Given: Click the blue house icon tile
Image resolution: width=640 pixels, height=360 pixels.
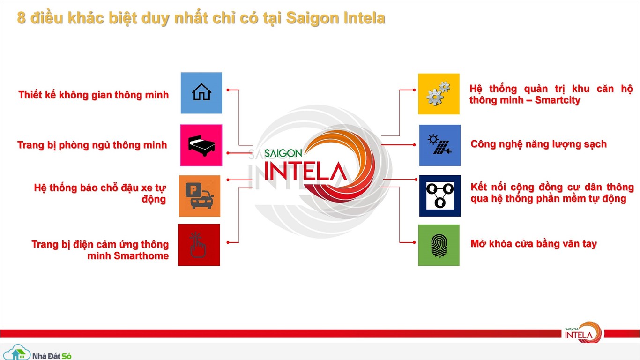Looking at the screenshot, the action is [201, 93].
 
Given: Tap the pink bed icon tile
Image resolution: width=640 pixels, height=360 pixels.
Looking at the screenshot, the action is [201, 145].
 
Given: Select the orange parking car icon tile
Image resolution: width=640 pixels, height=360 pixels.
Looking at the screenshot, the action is [200, 196].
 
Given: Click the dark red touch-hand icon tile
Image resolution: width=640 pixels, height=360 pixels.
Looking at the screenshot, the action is [199, 245].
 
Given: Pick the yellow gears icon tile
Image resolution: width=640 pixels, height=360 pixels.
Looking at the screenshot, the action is [439, 94].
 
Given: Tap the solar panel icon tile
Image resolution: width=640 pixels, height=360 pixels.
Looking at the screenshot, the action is [440, 145].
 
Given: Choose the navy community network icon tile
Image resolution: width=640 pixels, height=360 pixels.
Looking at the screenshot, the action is [440, 196].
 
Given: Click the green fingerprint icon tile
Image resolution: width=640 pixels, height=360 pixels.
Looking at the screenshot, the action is [439, 245].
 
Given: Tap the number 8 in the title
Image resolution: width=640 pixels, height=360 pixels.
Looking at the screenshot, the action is [22, 18].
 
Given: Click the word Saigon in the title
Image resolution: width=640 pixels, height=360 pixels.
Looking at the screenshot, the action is [313, 18].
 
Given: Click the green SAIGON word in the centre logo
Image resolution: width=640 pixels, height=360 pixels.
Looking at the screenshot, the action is [283, 153].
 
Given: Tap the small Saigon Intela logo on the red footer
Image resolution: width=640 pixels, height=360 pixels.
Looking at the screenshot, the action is [583, 333].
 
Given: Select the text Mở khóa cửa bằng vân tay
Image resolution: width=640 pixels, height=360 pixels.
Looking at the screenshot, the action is [534, 244].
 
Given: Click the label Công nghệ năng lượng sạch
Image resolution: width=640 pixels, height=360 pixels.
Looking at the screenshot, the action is [539, 144].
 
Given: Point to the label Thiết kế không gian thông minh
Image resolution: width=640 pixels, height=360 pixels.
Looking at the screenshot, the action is [93, 95].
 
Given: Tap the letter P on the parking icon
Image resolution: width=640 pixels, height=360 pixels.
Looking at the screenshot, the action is [193, 189].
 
